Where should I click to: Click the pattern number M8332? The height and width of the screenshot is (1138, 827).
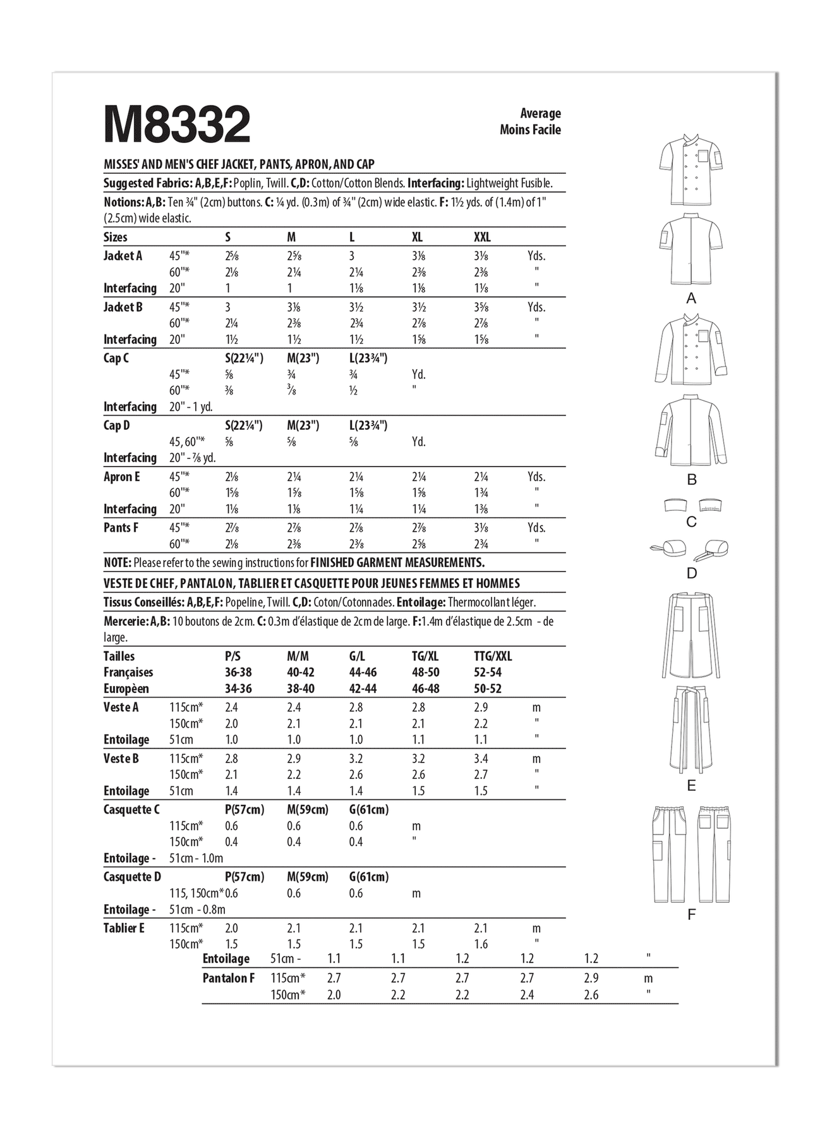coord(178,125)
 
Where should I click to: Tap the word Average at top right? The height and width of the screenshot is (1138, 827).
coord(540,114)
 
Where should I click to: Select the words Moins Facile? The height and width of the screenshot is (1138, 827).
coord(530,130)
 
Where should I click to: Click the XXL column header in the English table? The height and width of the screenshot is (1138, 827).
coord(482,238)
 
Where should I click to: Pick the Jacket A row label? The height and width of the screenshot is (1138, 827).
coord(123,256)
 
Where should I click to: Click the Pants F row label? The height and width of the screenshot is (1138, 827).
coord(121,528)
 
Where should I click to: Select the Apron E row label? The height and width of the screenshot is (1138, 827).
coord(121,477)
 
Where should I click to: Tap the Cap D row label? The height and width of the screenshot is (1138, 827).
coord(116,425)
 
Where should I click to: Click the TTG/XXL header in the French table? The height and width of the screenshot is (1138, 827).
coord(493,656)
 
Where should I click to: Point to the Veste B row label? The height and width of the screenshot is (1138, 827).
coord(121,759)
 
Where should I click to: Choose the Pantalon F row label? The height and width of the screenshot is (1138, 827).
coord(229,979)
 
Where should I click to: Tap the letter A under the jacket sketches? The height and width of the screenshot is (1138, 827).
coord(691,298)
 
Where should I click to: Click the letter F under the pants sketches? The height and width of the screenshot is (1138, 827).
coord(691,915)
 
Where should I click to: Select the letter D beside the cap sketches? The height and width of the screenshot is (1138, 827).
coord(691,573)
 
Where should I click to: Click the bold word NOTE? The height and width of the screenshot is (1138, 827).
coord(117,563)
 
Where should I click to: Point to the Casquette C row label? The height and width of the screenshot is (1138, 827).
coord(131,810)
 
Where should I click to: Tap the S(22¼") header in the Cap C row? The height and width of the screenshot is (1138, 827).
coord(244,358)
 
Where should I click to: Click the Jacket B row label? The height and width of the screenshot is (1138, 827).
coord(123,307)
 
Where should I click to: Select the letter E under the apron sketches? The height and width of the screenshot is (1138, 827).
coord(691,786)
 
